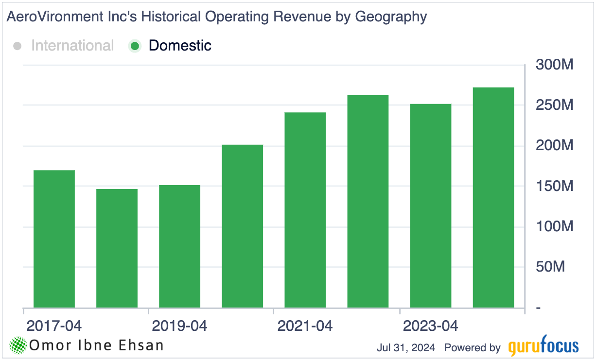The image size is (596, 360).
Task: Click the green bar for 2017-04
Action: tap(54, 239)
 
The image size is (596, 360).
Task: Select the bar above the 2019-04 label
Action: tap(179, 246)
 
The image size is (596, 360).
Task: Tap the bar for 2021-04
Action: tap(305, 209)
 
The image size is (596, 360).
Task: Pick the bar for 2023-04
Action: tap(430, 206)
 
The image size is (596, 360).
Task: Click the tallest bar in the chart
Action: tap(493, 197)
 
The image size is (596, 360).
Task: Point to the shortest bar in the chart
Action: tap(117, 248)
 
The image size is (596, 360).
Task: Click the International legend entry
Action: tap(72, 46)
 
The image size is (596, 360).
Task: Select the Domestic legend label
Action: tap(180, 46)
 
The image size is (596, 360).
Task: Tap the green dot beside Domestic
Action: tap(135, 46)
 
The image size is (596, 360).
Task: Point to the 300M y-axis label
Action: tap(555, 65)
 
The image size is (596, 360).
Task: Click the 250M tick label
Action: tap(555, 105)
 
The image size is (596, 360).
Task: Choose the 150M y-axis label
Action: tap(555, 186)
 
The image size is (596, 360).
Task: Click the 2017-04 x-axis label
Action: tap(54, 326)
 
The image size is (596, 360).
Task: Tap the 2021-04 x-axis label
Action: tap(305, 326)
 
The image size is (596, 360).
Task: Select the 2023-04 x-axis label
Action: tap(430, 326)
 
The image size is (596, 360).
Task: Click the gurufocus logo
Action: tap(543, 347)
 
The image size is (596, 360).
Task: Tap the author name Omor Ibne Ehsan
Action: tap(96, 345)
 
